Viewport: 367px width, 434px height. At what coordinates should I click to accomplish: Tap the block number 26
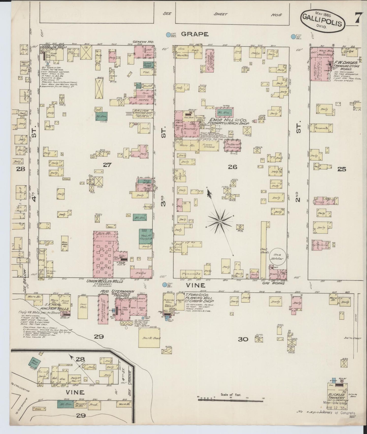(232, 167)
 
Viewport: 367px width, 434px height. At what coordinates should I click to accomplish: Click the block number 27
(107, 165)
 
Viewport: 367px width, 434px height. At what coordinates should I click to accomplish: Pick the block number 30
(243, 339)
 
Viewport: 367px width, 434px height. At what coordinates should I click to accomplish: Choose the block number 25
(342, 169)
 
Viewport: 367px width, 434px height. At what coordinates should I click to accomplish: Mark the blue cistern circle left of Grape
(168, 35)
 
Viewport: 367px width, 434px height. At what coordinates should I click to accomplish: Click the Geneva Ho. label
(143, 42)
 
